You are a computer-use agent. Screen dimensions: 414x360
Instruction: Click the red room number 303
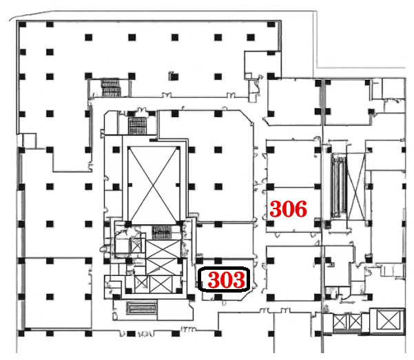pos(226,279)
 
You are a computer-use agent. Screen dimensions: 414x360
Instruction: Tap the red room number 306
pos(289,209)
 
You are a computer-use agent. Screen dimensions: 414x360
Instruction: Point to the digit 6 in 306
pos(301,209)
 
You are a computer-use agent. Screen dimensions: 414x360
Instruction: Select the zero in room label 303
pos(226,279)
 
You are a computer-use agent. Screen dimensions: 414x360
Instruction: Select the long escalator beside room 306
pos(338,186)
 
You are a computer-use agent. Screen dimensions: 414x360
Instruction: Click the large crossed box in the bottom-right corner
pos(388,320)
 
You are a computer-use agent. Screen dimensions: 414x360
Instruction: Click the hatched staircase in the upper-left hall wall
pos(110,87)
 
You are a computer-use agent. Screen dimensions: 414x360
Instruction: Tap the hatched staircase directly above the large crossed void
pos(137,126)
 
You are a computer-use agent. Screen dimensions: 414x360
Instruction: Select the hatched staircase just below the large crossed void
pos(162,232)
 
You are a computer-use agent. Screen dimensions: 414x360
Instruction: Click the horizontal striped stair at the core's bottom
pos(141,308)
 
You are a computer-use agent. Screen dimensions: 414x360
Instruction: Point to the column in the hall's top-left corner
pos(23,25)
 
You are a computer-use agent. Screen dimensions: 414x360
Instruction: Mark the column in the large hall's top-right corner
pos(271,25)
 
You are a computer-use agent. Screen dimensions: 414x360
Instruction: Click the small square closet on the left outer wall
pos(30,140)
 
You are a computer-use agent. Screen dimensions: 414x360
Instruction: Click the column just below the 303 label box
pos(218,297)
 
